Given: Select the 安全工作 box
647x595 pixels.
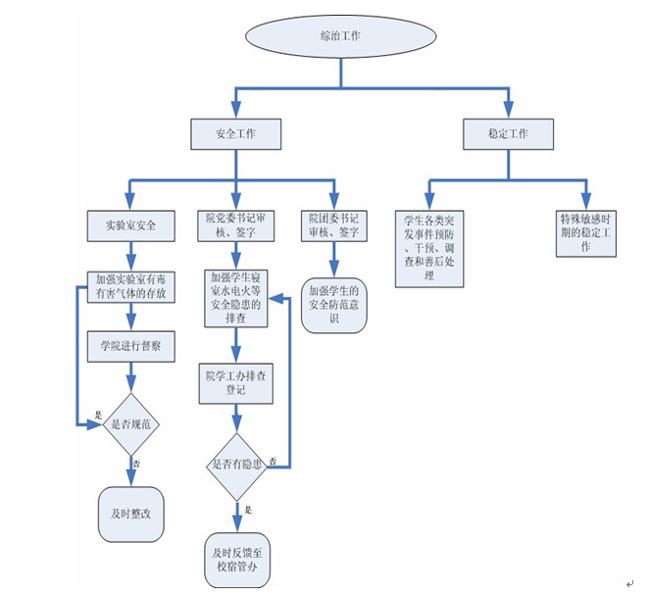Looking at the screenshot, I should (x=235, y=133).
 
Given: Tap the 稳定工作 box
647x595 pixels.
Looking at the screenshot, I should (x=508, y=133).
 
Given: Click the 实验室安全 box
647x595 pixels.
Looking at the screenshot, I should (x=131, y=225).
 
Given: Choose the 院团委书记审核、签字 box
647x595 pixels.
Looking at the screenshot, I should (x=333, y=225).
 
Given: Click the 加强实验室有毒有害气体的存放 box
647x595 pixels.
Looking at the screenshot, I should (x=131, y=285).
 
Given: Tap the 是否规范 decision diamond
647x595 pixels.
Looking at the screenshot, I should (x=131, y=423).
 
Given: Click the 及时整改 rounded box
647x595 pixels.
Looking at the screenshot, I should (x=131, y=511).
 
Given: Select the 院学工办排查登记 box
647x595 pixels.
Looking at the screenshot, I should (x=235, y=382).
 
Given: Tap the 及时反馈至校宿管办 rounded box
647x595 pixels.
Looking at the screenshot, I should (x=235, y=560).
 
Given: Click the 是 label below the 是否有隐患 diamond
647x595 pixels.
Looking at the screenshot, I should (x=249, y=510).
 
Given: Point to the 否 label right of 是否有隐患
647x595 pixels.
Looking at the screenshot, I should (x=273, y=460).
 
